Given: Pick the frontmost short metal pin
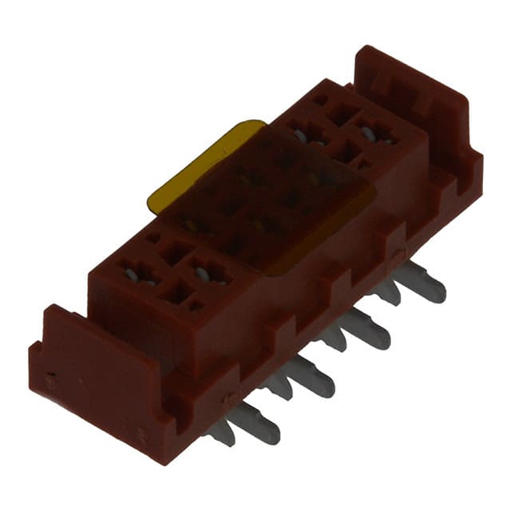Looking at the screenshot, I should [x=220, y=433].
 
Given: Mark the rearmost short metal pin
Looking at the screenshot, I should [x=386, y=292].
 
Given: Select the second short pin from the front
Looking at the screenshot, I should [x=279, y=386].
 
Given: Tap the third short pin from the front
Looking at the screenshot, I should [x=333, y=338].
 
